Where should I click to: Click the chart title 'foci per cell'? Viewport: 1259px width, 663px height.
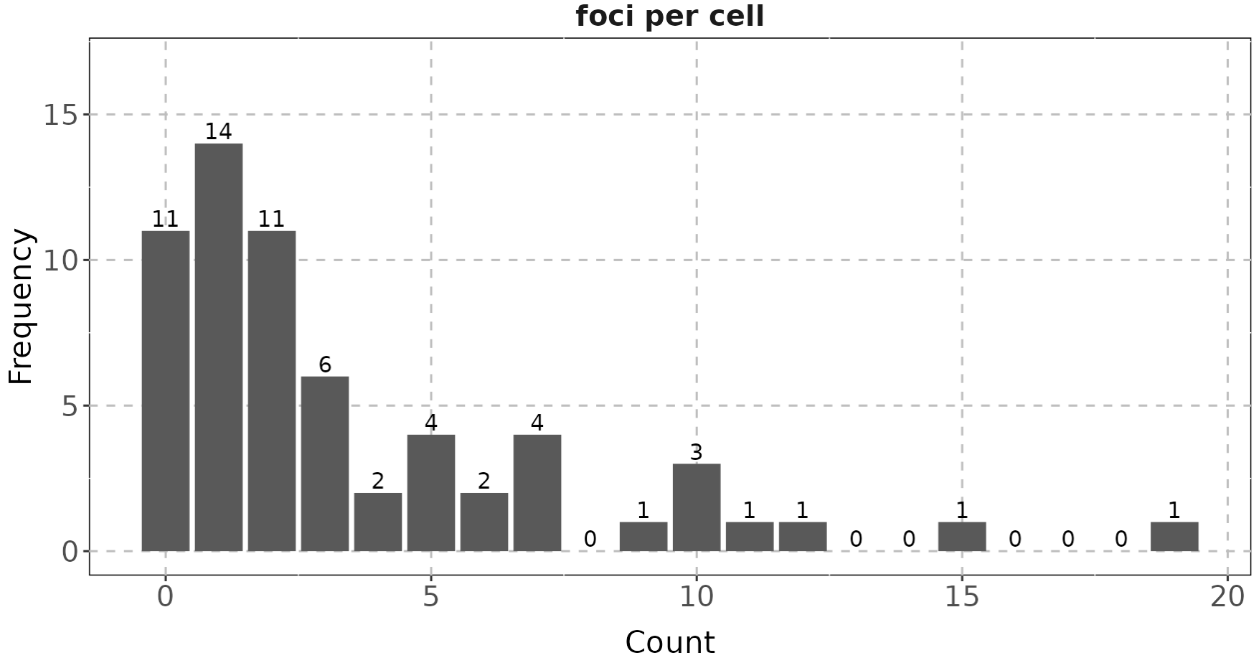[669, 17]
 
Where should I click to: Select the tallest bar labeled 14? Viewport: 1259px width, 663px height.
[219, 347]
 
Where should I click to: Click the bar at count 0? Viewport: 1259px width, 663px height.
[166, 391]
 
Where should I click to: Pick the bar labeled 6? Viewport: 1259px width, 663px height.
[325, 464]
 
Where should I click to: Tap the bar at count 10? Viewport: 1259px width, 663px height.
[697, 507]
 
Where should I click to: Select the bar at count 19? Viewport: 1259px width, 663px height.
[1174, 537]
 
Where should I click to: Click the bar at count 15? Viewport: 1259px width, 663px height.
[962, 537]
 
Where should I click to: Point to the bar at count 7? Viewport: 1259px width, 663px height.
[537, 493]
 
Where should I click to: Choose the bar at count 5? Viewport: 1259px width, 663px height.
[431, 493]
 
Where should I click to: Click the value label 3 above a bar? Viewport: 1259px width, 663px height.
[696, 452]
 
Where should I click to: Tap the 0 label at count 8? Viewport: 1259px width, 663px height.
[590, 539]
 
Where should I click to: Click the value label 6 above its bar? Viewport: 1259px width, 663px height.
[325, 365]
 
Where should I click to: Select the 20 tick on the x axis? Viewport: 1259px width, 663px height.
[1227, 597]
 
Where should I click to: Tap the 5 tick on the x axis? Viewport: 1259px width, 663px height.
[430, 597]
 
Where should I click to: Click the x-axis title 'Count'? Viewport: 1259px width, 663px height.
[669, 641]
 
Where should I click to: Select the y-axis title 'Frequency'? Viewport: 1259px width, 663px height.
[21, 306]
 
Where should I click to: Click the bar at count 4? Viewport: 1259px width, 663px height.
[378, 522]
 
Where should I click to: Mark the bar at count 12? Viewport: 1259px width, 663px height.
[803, 537]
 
